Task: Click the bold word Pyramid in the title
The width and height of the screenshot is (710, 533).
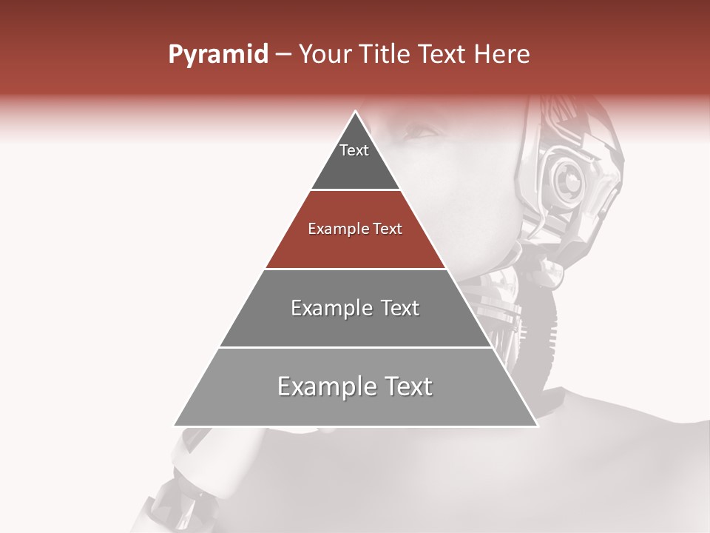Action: point(217,55)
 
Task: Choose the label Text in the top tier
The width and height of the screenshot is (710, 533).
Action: point(354,150)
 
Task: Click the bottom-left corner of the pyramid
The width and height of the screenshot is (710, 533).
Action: point(175,426)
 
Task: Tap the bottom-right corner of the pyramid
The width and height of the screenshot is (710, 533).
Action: point(537,426)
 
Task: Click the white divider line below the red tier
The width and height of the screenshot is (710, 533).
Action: point(356,269)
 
